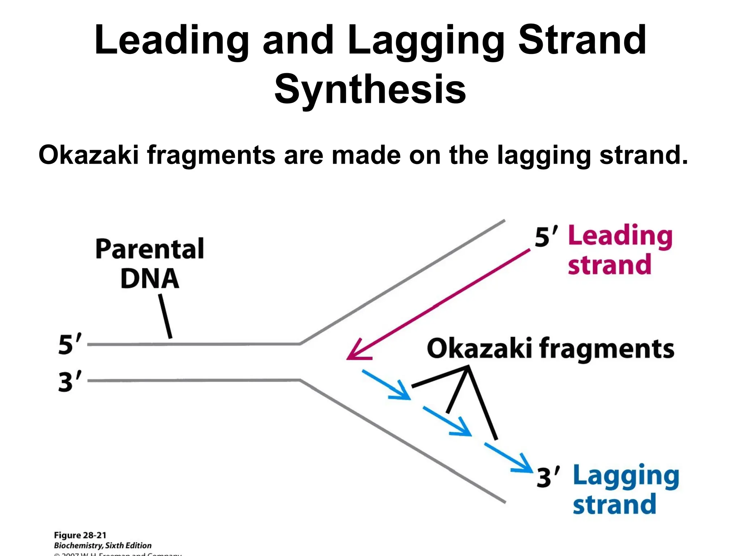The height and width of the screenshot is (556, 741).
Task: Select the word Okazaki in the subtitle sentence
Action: click(88, 155)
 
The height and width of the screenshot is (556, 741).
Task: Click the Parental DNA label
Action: click(150, 263)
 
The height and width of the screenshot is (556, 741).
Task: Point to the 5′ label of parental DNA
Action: click(70, 344)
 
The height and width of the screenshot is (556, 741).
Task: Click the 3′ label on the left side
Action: click(70, 381)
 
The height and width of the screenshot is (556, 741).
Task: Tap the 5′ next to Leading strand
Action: click(546, 237)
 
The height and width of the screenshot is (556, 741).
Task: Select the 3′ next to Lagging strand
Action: click(548, 477)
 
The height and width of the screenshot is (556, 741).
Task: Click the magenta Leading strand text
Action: click(619, 250)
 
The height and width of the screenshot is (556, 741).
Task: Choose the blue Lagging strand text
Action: click(625, 489)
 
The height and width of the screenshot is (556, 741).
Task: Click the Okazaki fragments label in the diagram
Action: click(550, 349)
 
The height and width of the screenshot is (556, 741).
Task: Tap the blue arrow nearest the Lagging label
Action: click(509, 458)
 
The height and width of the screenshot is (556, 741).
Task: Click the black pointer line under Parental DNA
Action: click(165, 316)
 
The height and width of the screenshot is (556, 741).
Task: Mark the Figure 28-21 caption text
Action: click(80, 535)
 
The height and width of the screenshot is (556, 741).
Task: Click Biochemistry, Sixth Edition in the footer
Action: click(103, 546)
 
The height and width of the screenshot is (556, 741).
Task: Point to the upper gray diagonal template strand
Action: click(402, 282)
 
